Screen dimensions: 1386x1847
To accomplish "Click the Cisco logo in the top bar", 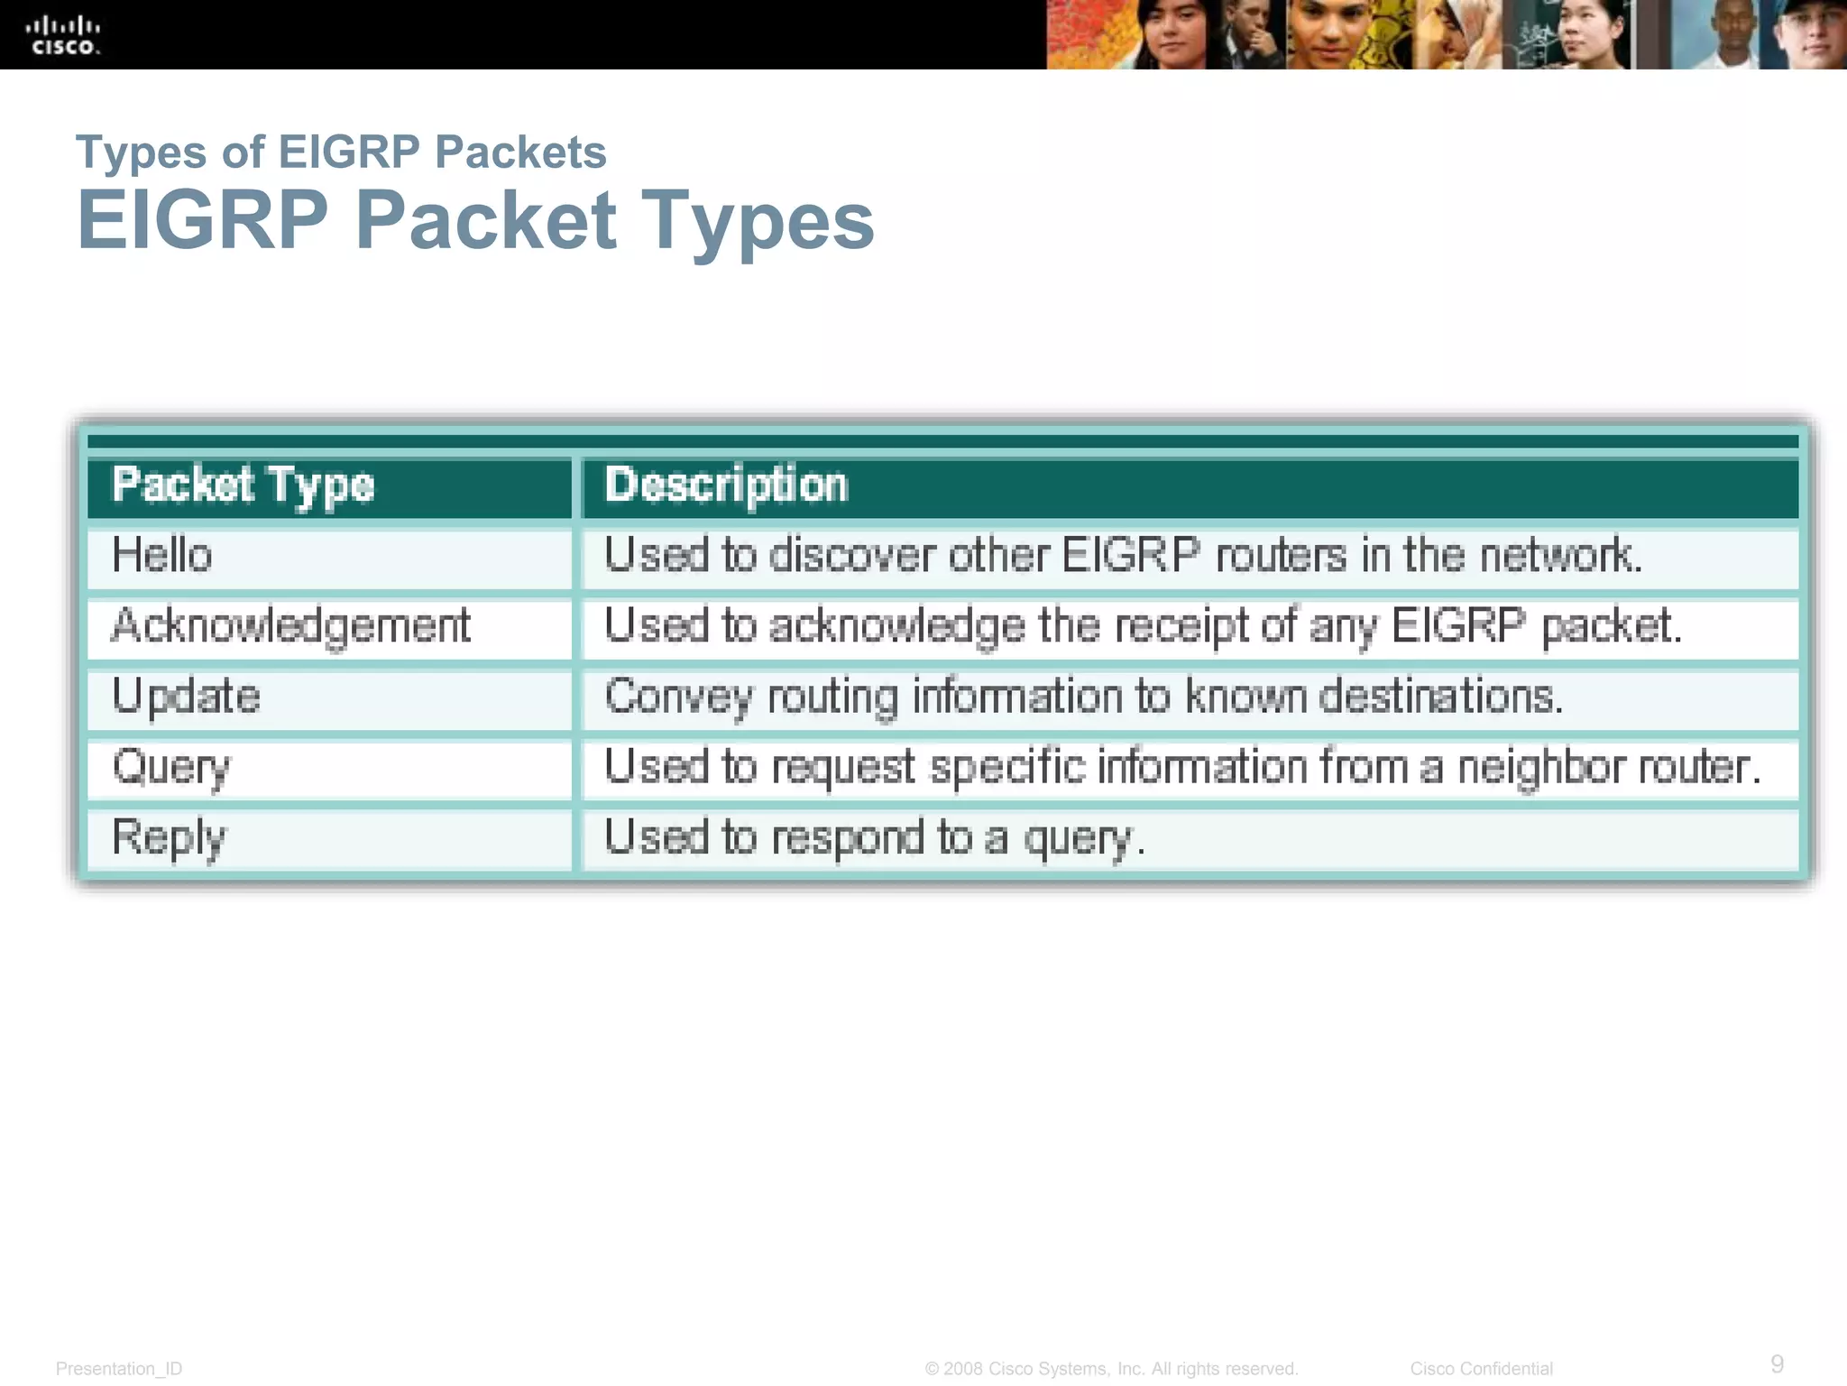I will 63,35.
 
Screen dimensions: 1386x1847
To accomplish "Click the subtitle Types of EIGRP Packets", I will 341,152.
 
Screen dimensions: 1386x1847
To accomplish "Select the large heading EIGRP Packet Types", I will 475,220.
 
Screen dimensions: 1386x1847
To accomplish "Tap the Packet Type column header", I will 243,485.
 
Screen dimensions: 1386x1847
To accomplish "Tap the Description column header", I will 726,485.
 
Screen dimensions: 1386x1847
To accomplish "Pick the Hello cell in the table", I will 162,555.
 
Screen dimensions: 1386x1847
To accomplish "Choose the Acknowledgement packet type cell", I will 290,625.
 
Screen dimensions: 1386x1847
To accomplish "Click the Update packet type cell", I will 186,697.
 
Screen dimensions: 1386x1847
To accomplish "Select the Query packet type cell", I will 171,768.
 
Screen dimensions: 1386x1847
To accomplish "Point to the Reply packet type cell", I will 169,837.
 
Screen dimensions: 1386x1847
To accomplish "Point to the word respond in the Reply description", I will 848,837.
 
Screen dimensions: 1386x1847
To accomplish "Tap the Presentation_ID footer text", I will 119,1369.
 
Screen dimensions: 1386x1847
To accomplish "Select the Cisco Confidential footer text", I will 1482,1369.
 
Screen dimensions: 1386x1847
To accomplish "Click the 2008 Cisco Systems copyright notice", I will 1111,1369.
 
